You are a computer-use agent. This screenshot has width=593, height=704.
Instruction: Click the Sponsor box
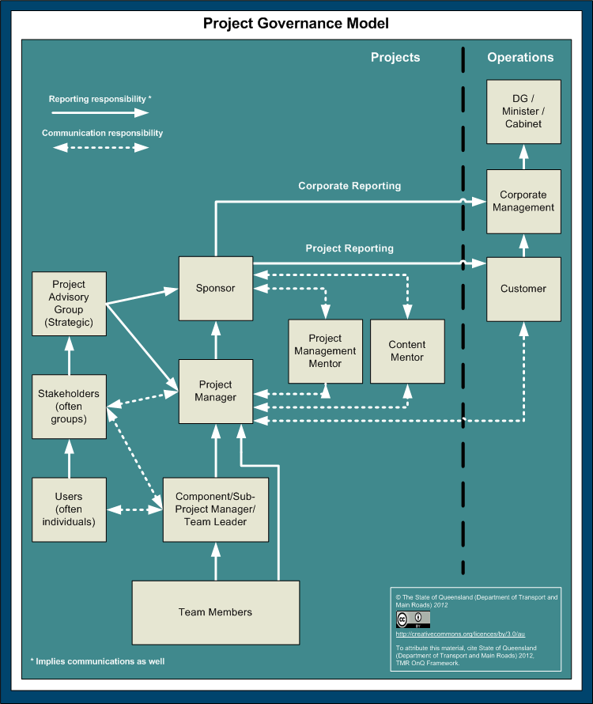216,289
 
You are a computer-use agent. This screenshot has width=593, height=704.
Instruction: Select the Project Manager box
216,392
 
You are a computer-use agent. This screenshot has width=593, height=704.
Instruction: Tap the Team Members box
215,612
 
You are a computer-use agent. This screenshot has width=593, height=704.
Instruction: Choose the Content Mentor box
407,351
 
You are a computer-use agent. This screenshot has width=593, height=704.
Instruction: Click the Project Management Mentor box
325,351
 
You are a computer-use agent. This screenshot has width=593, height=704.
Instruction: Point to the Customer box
523,289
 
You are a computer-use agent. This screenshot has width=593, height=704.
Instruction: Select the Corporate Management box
523,202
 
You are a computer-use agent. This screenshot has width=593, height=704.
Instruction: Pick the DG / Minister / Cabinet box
523,111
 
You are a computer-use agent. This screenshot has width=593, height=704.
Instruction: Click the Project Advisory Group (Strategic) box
68,304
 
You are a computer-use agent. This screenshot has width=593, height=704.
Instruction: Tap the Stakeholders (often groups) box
69,406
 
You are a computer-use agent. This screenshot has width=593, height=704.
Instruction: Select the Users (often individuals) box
69,509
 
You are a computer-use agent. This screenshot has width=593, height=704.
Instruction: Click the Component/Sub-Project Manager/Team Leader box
215,509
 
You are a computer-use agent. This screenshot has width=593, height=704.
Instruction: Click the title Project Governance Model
296,23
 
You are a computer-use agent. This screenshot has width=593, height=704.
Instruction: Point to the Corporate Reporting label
349,186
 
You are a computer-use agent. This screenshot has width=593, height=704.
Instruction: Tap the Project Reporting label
349,248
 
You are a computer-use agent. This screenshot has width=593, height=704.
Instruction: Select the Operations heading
520,57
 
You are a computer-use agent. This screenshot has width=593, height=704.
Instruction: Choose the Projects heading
395,57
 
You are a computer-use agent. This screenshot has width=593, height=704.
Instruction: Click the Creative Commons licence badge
413,619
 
